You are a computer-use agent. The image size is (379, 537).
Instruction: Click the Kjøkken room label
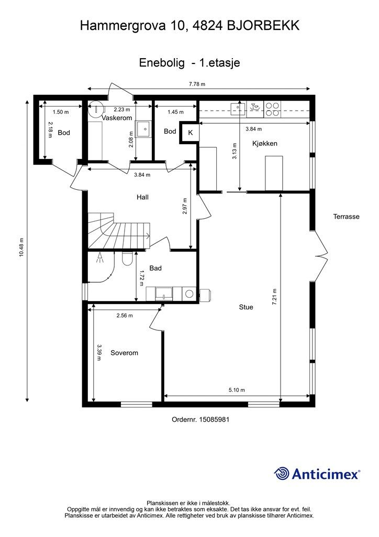(264, 144)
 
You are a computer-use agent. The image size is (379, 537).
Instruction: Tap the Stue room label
(246, 307)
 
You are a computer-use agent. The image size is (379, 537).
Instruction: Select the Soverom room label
(125, 353)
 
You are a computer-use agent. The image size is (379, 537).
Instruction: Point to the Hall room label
(142, 197)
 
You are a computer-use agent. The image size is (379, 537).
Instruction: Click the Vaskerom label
(117, 118)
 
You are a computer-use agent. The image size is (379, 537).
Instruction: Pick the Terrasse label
(346, 217)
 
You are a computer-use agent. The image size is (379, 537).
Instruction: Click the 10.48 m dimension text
(21, 247)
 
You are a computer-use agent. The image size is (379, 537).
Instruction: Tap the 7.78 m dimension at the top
(197, 84)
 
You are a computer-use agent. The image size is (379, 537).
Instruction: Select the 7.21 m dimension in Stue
(274, 297)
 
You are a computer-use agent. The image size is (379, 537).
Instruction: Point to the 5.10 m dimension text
(237, 390)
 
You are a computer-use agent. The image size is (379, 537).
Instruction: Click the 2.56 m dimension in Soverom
(125, 315)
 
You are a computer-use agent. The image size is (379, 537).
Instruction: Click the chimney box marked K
(191, 133)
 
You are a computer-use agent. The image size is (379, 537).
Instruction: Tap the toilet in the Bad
(127, 259)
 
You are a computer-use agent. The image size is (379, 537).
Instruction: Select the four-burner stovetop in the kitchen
(272, 109)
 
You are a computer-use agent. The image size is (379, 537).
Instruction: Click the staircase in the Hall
(119, 231)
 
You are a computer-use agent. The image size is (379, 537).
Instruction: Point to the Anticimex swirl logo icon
(282, 474)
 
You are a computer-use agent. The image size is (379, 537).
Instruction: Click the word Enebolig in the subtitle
(162, 63)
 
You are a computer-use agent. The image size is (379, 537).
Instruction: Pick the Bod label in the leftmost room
(63, 133)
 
